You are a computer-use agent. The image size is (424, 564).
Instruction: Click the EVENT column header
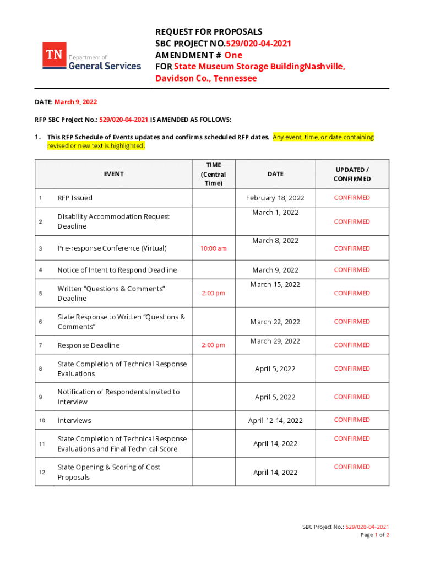[x=113, y=174]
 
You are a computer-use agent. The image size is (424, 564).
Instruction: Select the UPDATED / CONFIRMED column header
[x=352, y=174]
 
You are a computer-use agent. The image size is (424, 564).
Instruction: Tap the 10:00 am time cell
[x=213, y=248]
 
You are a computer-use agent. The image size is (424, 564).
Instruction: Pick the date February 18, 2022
[x=275, y=198]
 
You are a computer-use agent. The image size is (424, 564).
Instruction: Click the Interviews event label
[x=74, y=421]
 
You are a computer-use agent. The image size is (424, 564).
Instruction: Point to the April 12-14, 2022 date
[x=275, y=421]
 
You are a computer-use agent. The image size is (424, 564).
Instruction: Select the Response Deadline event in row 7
[x=88, y=345]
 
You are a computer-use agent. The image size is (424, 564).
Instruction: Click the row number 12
[x=42, y=472]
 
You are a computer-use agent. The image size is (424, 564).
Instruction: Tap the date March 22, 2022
[x=275, y=322]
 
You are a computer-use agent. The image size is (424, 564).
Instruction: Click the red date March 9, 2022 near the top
[x=76, y=102]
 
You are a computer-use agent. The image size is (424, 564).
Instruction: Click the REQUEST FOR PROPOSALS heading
[x=208, y=31]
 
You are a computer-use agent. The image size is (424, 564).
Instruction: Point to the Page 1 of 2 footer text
[x=374, y=535]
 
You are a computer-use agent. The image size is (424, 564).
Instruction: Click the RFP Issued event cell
[x=75, y=198]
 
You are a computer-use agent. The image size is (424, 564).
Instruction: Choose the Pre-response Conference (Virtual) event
[x=112, y=248]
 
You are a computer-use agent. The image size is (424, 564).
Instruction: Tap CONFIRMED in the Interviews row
[x=352, y=420]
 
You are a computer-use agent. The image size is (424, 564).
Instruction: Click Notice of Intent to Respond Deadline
[x=117, y=270]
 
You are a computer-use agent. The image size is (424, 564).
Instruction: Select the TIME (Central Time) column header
[x=213, y=174]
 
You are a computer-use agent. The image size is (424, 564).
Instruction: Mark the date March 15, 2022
[x=275, y=285]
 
